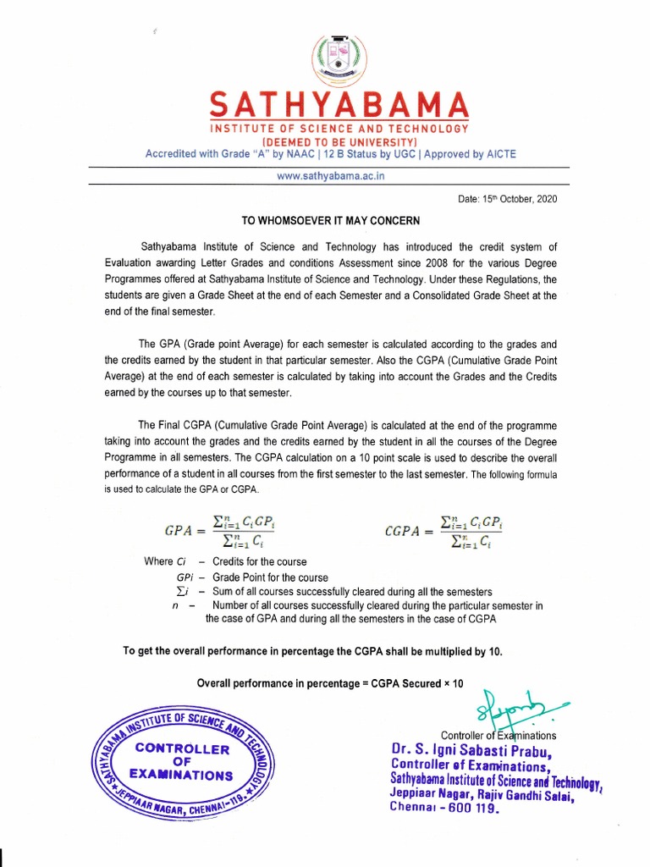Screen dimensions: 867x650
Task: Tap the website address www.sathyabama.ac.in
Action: coord(329,175)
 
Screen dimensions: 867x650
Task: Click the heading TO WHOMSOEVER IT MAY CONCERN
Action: coord(331,221)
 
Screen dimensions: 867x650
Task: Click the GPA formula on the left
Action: coord(218,531)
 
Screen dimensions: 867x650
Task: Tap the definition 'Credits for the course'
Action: coord(260,561)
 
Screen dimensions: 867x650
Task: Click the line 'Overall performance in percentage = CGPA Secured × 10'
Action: coord(330,683)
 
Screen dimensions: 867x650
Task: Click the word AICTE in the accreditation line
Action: coord(497,154)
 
